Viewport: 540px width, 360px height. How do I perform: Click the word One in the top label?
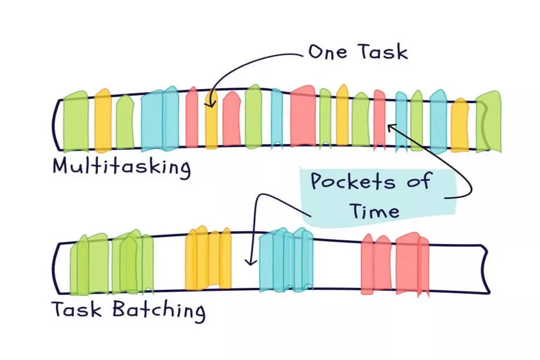click(328, 52)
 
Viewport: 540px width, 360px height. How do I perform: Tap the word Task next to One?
click(383, 52)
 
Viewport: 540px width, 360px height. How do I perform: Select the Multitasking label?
click(122, 167)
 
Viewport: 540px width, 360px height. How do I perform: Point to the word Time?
click(375, 211)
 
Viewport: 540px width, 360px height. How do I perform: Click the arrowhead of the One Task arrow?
click(210, 104)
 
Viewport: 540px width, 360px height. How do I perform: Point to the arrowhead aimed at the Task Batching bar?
click(251, 262)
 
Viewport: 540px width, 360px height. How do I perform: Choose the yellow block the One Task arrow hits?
click(211, 121)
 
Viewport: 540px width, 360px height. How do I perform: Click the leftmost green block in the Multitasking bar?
click(76, 121)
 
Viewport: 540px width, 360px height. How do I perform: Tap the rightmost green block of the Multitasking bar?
click(489, 121)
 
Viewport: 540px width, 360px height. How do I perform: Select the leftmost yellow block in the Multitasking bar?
click(103, 121)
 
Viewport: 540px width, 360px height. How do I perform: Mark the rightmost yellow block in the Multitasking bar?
click(460, 125)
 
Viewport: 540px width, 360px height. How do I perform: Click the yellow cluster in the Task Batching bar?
click(208, 258)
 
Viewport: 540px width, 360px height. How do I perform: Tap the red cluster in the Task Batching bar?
click(395, 264)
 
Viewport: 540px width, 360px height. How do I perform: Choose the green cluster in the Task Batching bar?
click(112, 262)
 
